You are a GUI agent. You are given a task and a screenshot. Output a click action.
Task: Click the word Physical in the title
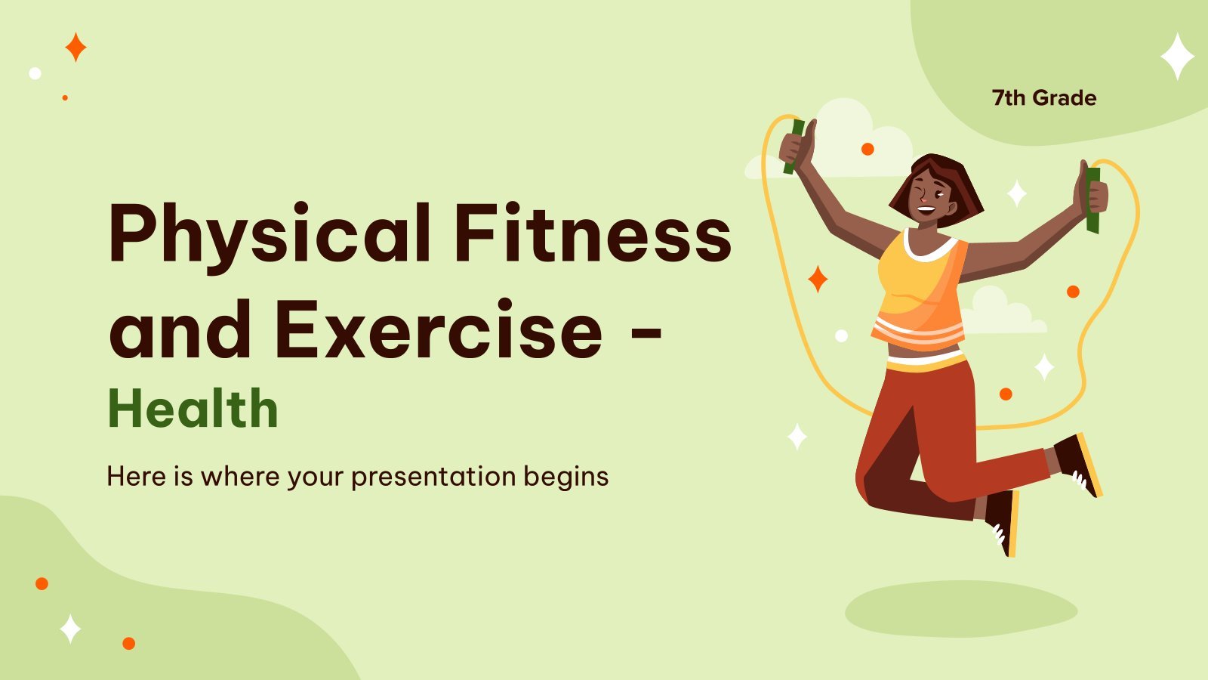(x=270, y=237)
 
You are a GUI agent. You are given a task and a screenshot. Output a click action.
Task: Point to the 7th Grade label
(x=1044, y=97)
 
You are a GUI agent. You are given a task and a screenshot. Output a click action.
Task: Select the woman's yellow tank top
(x=920, y=289)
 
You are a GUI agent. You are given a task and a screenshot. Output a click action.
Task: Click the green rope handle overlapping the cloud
(x=794, y=147)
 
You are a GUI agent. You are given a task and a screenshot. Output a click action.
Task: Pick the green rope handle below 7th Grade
(x=1092, y=200)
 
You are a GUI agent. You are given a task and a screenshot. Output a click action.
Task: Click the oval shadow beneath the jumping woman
(x=961, y=609)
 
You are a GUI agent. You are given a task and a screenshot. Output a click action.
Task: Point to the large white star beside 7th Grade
(x=1177, y=56)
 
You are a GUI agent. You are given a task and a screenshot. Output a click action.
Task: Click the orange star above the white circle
(x=75, y=47)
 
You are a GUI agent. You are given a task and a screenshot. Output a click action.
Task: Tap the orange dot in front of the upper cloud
(x=867, y=149)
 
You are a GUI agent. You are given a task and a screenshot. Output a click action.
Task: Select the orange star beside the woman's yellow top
(x=818, y=279)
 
